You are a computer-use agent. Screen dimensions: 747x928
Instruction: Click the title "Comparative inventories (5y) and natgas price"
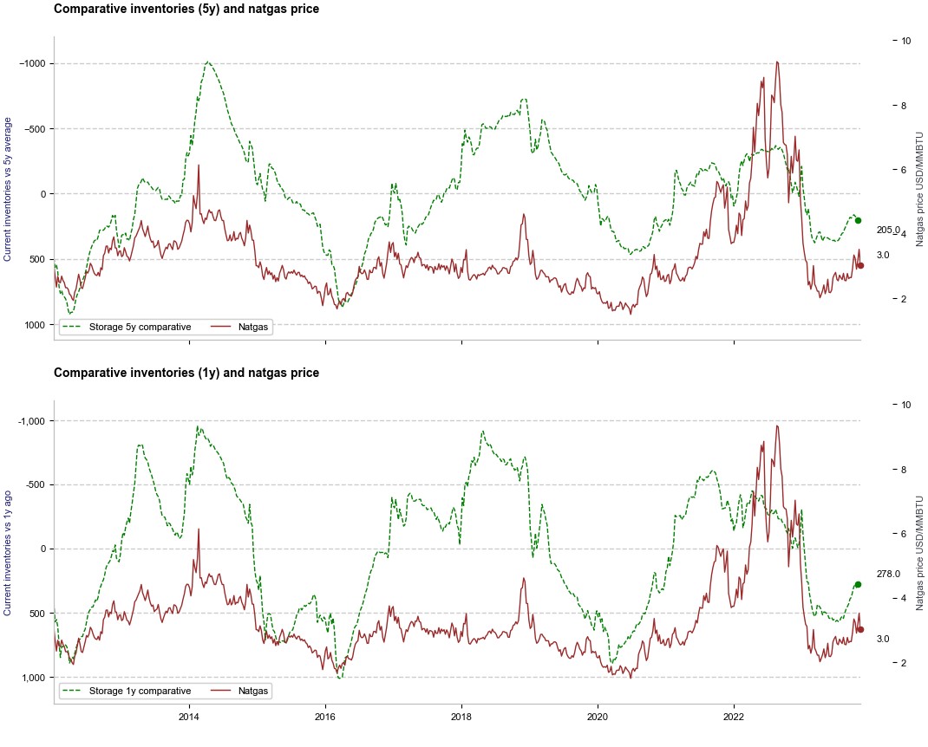[x=186, y=10]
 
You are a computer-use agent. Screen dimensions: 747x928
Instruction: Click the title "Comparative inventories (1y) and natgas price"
[x=186, y=373]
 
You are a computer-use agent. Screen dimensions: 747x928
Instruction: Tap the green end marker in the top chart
[x=858, y=220]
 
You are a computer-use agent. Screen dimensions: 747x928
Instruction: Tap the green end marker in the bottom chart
[x=858, y=585]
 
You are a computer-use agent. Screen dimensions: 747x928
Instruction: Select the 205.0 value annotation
[x=889, y=231]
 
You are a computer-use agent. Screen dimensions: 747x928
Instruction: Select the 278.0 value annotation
[x=889, y=575]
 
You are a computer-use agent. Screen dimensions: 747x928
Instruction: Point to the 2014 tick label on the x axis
[x=189, y=718]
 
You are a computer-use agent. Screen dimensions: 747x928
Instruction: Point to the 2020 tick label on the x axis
[x=598, y=718]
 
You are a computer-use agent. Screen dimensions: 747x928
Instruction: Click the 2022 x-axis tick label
[x=734, y=718]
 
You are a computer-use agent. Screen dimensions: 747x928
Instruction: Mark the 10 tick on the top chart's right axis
[x=905, y=41]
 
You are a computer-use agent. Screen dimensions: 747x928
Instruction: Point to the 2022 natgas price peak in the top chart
[x=777, y=62]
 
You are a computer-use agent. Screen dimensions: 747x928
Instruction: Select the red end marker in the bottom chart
[x=860, y=630]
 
